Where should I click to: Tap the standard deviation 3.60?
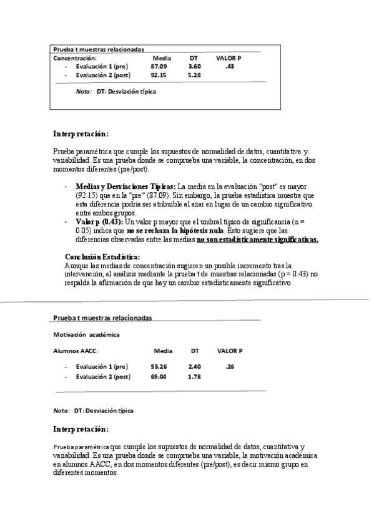(x=194, y=66)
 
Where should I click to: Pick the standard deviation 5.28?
(x=194, y=75)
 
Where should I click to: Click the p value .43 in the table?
(x=229, y=66)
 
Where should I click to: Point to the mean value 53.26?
(x=159, y=366)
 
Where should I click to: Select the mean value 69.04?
(x=159, y=377)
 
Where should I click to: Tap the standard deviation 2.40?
(x=194, y=366)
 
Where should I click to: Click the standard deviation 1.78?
(x=194, y=377)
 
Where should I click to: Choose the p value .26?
(x=230, y=366)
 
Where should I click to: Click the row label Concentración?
(x=75, y=57)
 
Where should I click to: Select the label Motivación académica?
(x=86, y=335)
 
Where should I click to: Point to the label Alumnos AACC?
(x=76, y=351)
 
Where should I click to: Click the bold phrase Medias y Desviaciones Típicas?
(x=125, y=187)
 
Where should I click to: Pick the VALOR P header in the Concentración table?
(x=229, y=57)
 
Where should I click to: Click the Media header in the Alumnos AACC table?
(x=163, y=351)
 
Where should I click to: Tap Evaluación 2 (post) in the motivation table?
(x=102, y=377)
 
